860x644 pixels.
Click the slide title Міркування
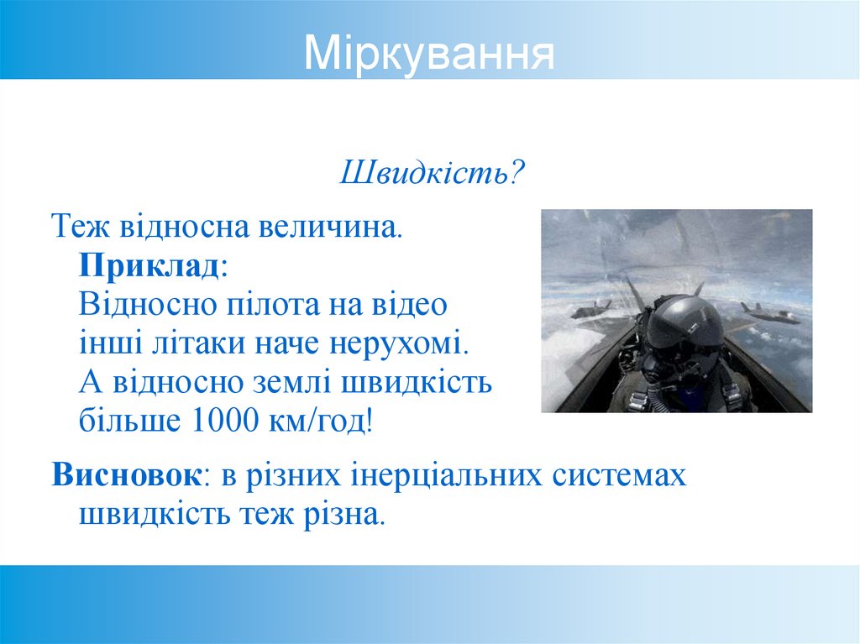click(429, 53)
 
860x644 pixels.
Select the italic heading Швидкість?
click(432, 174)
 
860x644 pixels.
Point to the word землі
click(295, 383)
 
